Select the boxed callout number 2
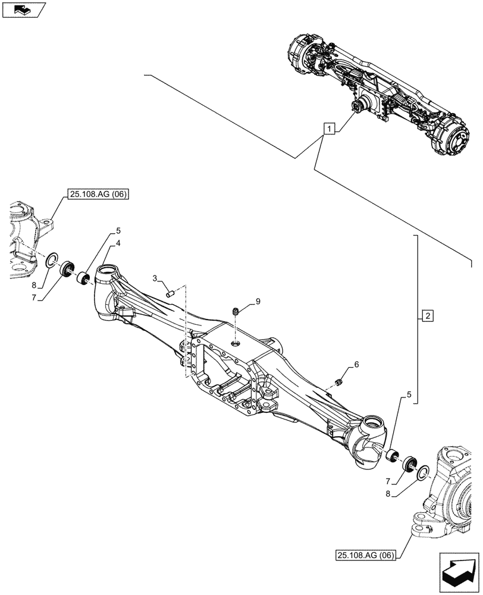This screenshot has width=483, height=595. (428, 315)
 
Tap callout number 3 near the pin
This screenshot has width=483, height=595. (155, 278)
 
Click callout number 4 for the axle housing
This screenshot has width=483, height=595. (119, 243)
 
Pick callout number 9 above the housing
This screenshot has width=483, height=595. (258, 302)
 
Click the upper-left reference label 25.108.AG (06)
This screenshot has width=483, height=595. (99, 194)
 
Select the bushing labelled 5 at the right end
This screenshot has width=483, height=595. (391, 456)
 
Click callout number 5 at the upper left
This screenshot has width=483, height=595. (119, 230)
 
